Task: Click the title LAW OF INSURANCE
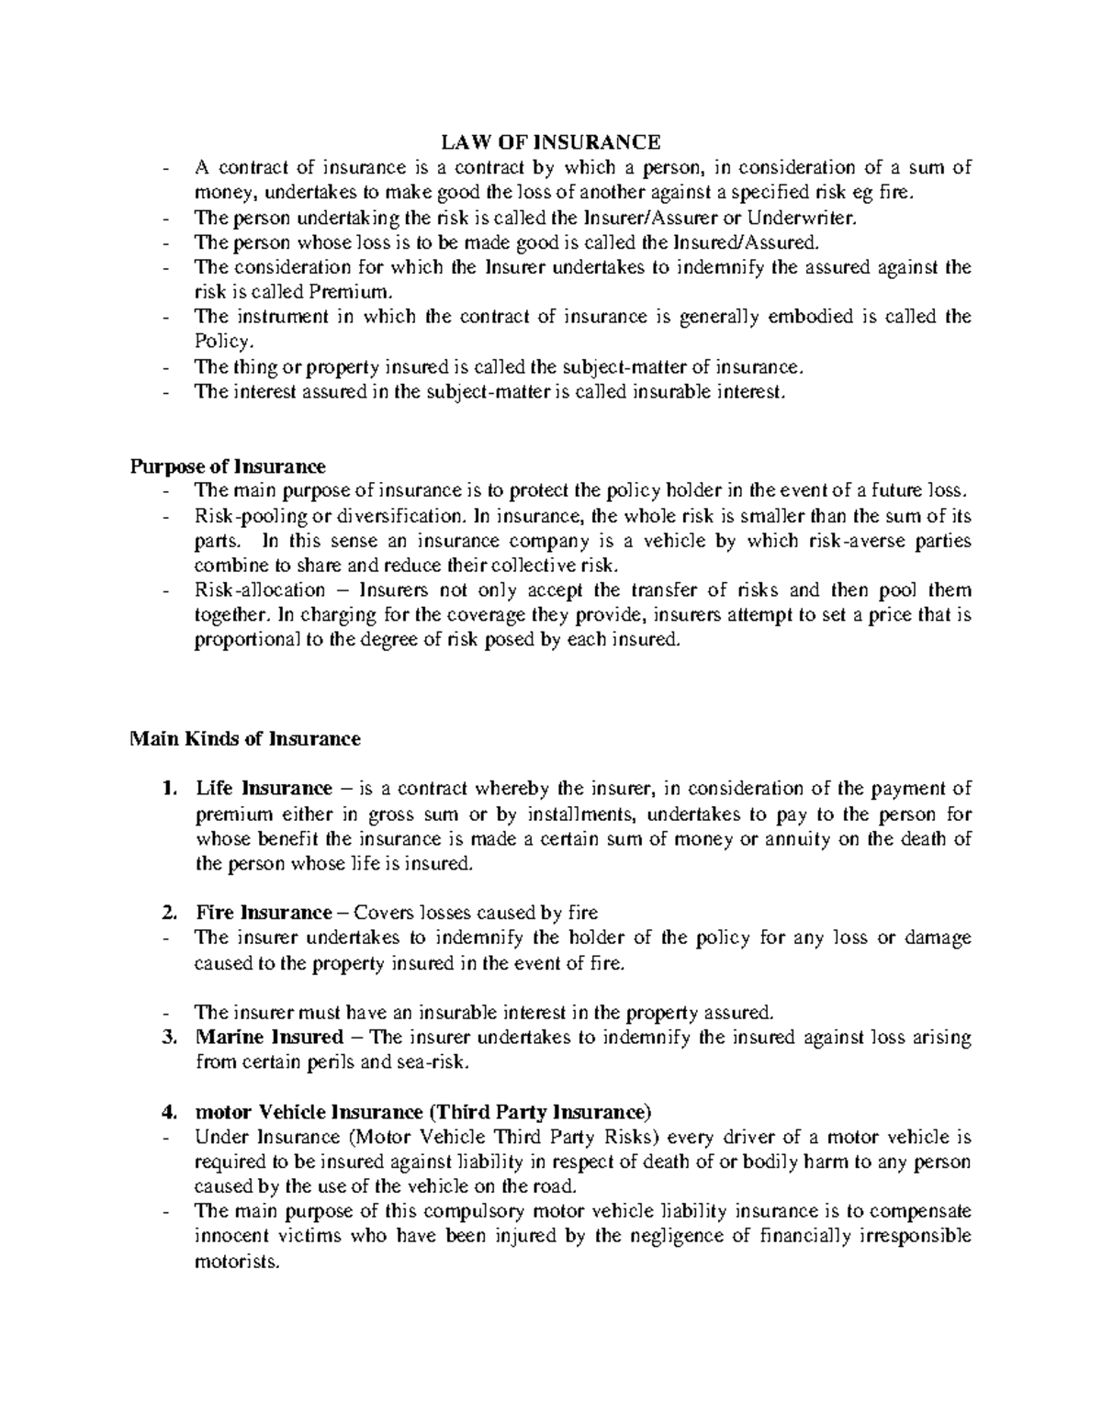(551, 142)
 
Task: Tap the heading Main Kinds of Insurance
(245, 738)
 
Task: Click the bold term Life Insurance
(264, 788)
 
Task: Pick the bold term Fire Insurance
(263, 913)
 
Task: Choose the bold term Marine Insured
(269, 1038)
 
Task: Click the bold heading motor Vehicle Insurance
(422, 1112)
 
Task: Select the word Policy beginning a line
(221, 342)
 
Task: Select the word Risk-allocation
(260, 590)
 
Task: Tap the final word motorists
(235, 1261)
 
